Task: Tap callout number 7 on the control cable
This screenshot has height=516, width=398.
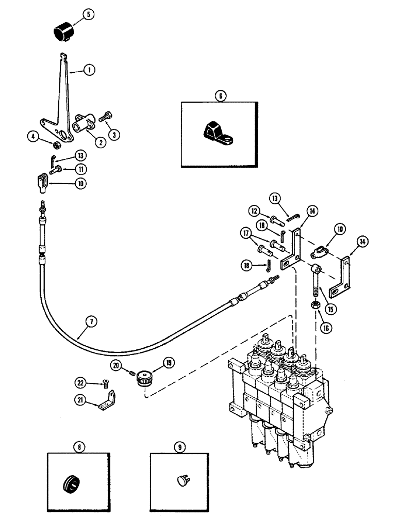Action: [91, 321]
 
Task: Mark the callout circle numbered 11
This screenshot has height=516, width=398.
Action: [80, 169]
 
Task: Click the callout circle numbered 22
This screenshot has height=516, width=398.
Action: [79, 382]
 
